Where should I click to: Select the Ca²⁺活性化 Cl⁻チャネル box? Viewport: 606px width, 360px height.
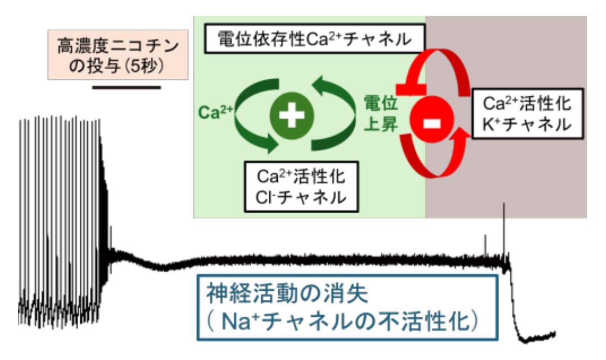pos(301,187)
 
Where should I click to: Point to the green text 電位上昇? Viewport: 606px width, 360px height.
pos(382,112)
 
